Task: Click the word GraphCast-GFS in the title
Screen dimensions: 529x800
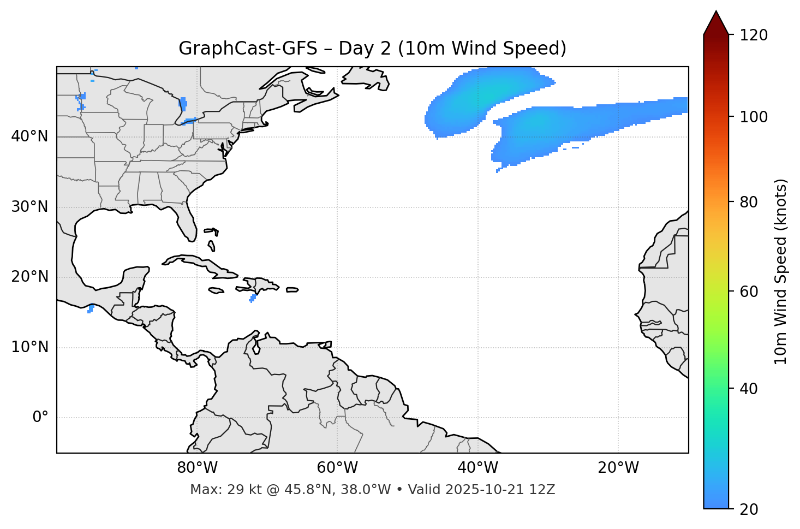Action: (x=248, y=49)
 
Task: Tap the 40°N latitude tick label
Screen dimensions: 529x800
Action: (x=29, y=136)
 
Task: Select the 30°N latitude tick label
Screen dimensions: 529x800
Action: (x=29, y=207)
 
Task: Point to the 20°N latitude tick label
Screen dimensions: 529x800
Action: (x=29, y=277)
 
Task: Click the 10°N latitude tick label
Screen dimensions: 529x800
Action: (x=29, y=347)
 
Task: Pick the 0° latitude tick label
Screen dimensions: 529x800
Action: (x=40, y=418)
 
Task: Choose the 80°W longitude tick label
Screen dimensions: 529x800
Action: (x=197, y=468)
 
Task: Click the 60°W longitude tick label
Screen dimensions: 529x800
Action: (x=337, y=468)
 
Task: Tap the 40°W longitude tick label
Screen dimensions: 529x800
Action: (x=477, y=468)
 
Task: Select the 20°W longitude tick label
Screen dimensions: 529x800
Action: (x=618, y=468)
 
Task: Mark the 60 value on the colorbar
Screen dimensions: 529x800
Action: (x=748, y=292)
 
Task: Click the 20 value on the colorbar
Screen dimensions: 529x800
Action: (x=748, y=509)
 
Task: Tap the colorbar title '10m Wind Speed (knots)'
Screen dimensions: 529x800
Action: (x=781, y=271)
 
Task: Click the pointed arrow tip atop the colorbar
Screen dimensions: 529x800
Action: (x=716, y=13)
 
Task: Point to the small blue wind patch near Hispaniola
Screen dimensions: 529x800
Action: (x=253, y=298)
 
